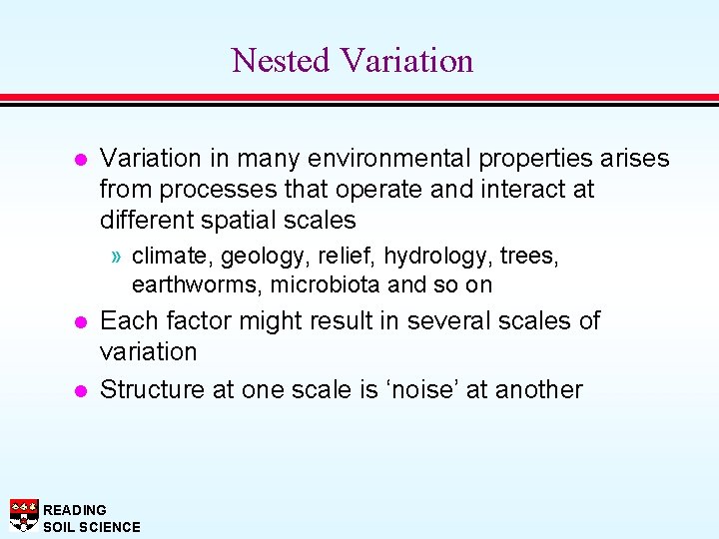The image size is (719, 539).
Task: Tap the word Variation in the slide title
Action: pyautogui.click(x=405, y=61)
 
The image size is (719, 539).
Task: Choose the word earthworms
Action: pyautogui.click(x=188, y=284)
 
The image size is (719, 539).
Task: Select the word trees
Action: pyautogui.click(x=527, y=257)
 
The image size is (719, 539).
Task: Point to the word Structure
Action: pyautogui.click(x=152, y=389)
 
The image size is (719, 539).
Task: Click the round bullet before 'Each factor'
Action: pyautogui.click(x=81, y=322)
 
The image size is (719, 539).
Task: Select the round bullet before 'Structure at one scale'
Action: pyautogui.click(x=81, y=390)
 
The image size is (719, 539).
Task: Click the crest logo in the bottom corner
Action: pyautogui.click(x=23, y=514)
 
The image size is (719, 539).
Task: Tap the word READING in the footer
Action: pyautogui.click(x=75, y=510)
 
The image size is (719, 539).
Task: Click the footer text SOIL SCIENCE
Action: pyautogui.click(x=92, y=527)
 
